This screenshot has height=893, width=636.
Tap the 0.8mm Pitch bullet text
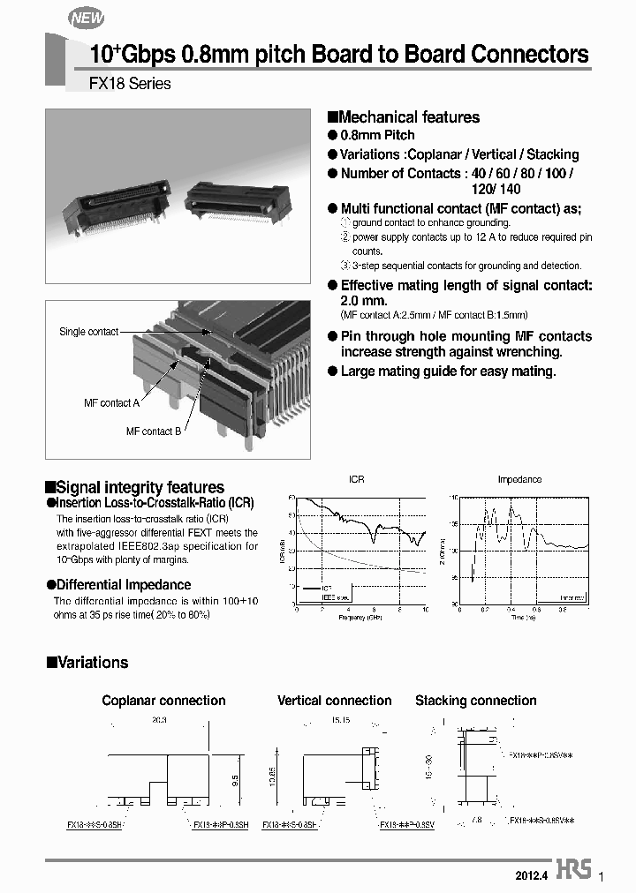click(x=377, y=135)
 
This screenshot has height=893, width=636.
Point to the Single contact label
click(x=88, y=332)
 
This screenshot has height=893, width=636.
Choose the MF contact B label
click(x=154, y=431)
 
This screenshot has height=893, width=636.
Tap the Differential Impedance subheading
click(x=124, y=584)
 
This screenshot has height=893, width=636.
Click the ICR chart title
click(x=356, y=480)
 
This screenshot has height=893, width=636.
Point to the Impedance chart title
click(x=519, y=480)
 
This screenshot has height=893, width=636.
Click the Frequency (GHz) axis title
click(x=359, y=617)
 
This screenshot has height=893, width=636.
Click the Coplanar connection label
click(x=163, y=701)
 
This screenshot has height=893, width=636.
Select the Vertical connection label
click(x=334, y=701)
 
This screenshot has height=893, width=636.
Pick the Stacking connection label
click(x=475, y=701)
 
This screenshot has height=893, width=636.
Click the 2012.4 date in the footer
click(x=532, y=876)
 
